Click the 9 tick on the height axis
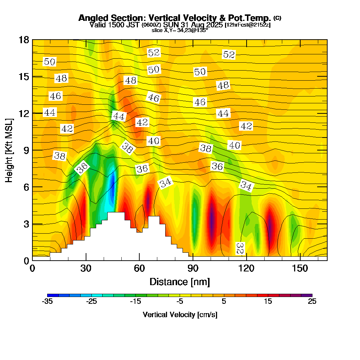point(26,150)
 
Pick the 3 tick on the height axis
point(26,224)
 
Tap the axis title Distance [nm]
point(180,281)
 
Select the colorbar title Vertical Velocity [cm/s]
point(180,315)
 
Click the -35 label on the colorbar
point(48,302)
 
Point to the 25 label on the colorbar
point(312,302)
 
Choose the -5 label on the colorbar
point(180,302)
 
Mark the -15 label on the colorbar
point(136,302)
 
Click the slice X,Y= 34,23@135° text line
point(180,31)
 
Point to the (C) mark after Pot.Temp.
point(278,18)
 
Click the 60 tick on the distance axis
point(139,269)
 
